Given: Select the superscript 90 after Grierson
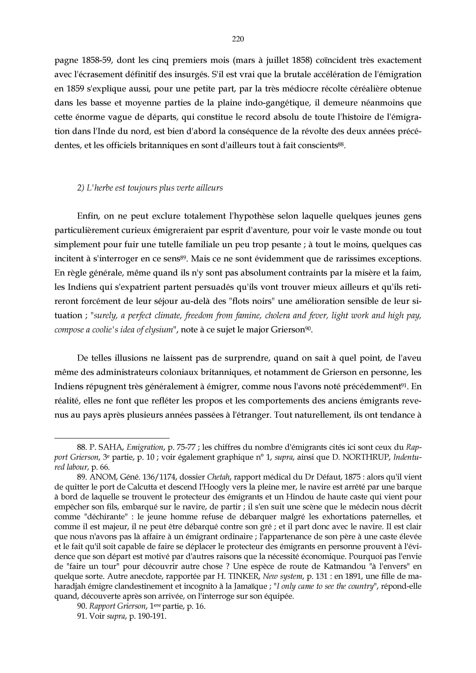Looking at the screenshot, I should (x=308, y=328).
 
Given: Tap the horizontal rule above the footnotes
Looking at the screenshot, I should (x=112, y=438).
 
